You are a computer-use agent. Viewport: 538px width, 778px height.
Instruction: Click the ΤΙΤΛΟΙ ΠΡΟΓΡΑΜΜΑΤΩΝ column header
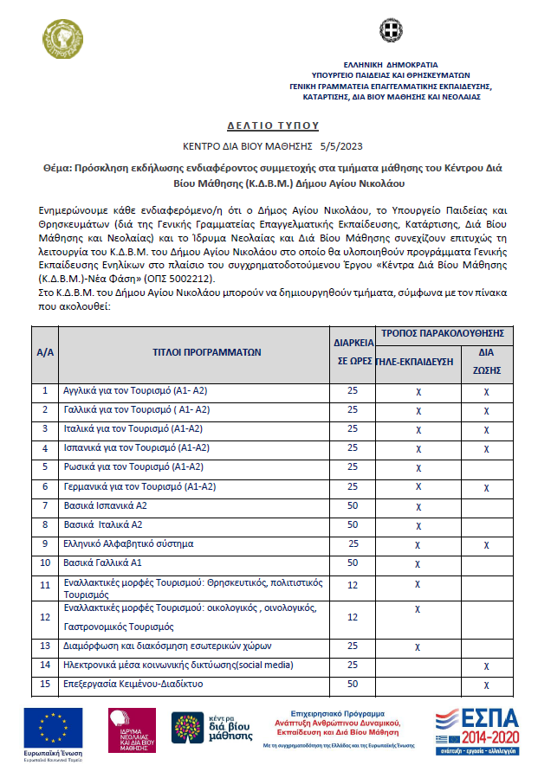click(194, 353)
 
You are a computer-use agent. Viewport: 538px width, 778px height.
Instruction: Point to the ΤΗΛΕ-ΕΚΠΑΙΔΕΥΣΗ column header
click(418, 362)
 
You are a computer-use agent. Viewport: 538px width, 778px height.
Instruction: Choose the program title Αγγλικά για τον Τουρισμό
click(135, 391)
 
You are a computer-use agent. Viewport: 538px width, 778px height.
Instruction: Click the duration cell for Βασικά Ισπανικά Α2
click(353, 505)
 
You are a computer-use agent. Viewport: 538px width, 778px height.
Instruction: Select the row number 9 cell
click(45, 543)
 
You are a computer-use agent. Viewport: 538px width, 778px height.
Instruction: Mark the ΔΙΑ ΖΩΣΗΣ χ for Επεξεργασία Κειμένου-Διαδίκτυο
click(486, 685)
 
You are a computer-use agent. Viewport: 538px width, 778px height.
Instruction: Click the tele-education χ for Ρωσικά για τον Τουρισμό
click(418, 467)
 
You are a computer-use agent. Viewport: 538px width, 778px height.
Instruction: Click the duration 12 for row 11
click(353, 586)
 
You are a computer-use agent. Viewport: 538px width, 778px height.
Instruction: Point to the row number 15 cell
click(45, 685)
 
